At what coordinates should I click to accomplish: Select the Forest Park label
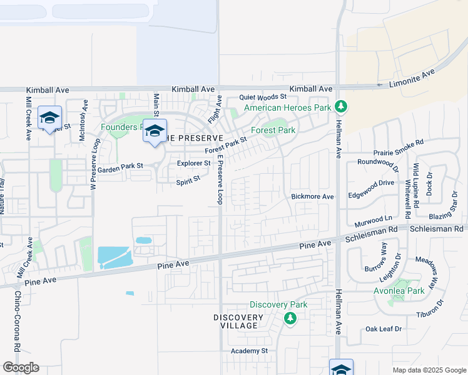(x=273, y=131)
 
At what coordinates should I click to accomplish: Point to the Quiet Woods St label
(x=263, y=97)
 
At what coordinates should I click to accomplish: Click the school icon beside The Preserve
(x=155, y=131)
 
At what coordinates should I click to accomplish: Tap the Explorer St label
(x=193, y=163)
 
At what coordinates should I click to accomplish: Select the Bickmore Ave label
(x=312, y=196)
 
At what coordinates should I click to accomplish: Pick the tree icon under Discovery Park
(x=290, y=319)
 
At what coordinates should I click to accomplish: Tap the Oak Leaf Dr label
(x=383, y=329)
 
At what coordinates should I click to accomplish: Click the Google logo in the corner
(x=21, y=367)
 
